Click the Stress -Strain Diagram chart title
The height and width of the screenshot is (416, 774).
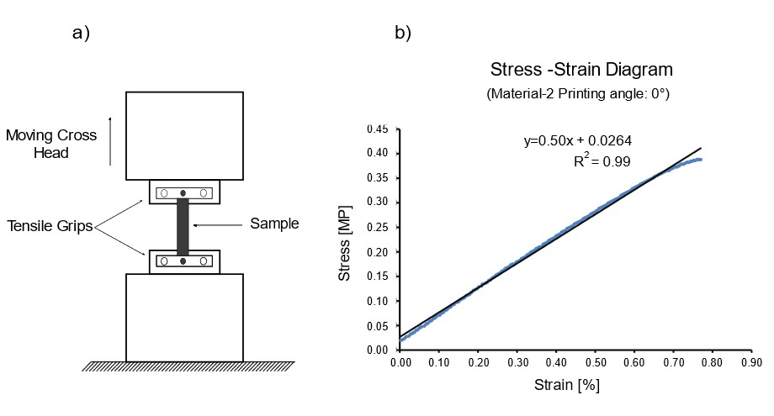point(581,69)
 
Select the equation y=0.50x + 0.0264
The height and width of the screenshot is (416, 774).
point(579,141)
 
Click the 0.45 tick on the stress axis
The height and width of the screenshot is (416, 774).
point(376,129)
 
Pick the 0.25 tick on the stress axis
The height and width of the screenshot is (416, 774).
point(376,227)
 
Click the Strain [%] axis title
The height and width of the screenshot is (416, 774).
point(567,386)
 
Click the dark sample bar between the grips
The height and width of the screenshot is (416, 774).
point(183,227)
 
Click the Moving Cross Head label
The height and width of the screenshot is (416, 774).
point(51,144)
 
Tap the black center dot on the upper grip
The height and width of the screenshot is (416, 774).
point(183,193)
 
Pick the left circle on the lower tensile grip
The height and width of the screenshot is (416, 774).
point(164,261)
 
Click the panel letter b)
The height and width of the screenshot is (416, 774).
point(403,34)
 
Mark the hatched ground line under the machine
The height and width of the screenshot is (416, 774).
point(188,366)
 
